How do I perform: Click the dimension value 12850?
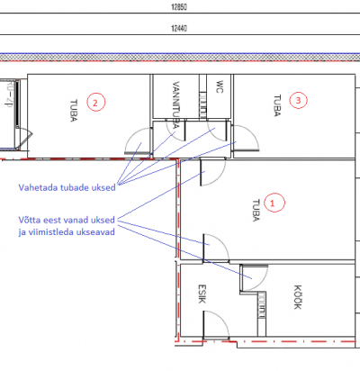point(179,6)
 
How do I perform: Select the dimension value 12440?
point(179,28)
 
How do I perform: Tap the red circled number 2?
point(96,102)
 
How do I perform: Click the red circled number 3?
point(298,100)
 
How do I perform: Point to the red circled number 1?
point(274,203)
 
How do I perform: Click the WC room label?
point(220,86)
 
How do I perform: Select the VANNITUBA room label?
point(175,104)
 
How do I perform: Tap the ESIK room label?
point(202,294)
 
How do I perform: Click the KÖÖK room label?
point(297,297)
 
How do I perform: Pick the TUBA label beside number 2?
point(74,111)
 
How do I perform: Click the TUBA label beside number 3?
point(277,105)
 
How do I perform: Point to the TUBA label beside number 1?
point(256,211)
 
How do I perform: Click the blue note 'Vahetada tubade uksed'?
point(67,187)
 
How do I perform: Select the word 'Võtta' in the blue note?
point(30,220)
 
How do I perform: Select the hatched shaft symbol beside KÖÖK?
point(262,305)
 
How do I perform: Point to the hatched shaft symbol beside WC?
point(202,104)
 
